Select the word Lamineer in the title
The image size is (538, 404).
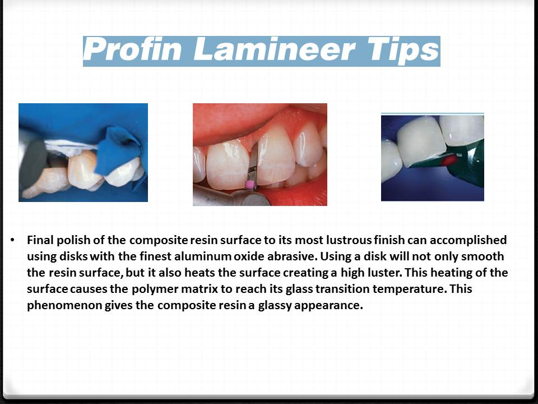tap(274, 51)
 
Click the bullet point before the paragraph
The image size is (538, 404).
tap(12, 240)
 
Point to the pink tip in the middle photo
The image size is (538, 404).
tap(251, 184)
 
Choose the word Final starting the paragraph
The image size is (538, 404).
tap(40, 240)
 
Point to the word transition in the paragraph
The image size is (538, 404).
tap(318, 290)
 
